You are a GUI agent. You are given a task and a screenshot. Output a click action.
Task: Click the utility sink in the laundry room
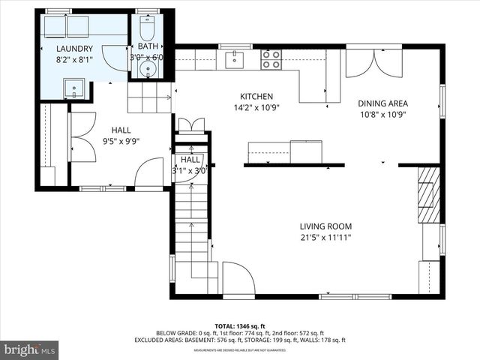[x=74, y=91]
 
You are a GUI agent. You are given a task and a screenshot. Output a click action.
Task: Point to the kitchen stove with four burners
[x=270, y=59]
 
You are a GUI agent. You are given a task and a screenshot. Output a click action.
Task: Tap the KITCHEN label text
[x=256, y=97]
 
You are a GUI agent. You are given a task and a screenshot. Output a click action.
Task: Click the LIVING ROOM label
[x=325, y=226]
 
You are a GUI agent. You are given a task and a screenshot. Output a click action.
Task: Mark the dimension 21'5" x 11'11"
[x=325, y=238]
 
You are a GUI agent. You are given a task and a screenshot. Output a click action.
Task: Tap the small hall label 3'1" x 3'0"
[x=190, y=169]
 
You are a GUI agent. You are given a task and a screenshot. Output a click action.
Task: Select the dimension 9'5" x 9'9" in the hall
[x=121, y=140]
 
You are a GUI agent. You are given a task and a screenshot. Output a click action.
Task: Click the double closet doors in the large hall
[x=82, y=136]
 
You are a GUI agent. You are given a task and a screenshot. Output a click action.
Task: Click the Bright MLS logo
[x=30, y=349]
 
